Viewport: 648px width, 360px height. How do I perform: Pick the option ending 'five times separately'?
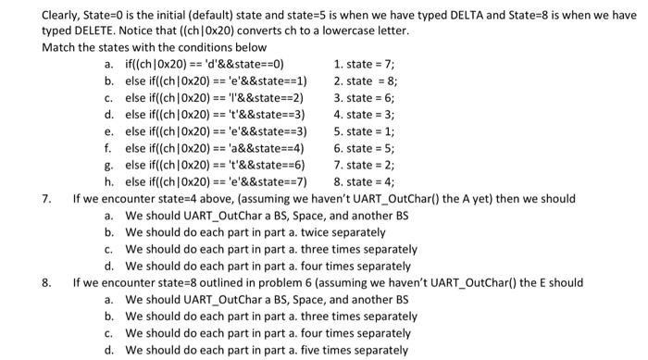point(267,351)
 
